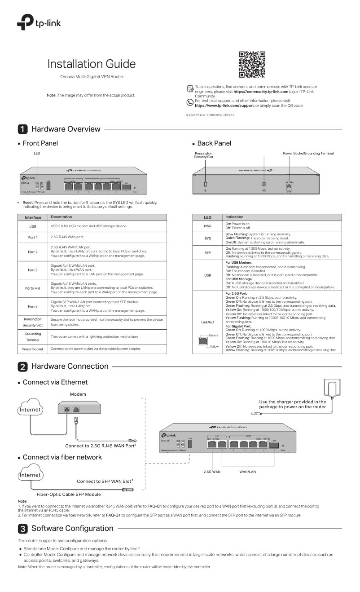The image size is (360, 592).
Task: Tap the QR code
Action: point(252,64)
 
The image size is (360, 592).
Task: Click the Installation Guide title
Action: point(92,63)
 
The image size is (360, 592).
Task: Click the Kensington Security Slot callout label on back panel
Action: point(203,155)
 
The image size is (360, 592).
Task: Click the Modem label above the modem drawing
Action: point(78,394)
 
